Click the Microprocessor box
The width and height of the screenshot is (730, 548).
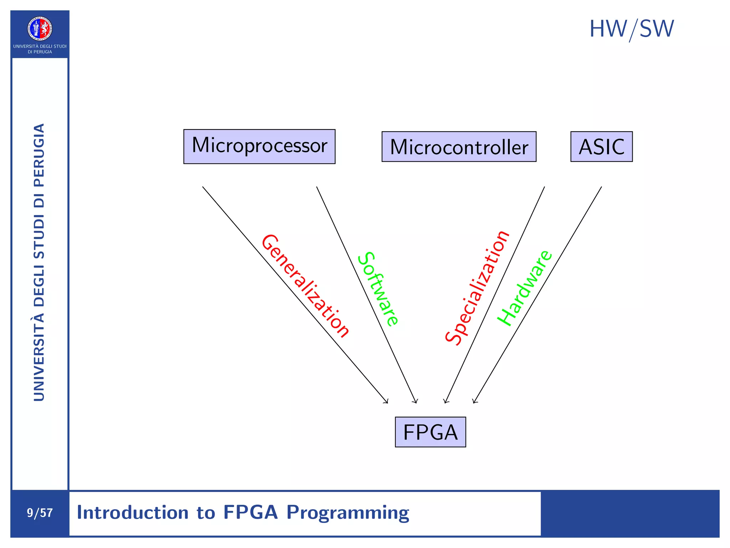pos(259,146)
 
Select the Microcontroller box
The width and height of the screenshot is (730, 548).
pos(459,147)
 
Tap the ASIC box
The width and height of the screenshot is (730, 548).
pos(601,147)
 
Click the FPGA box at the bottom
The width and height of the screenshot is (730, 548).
pos(430,432)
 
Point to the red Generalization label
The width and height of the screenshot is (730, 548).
pos(305,286)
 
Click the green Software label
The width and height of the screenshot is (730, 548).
pos(378,289)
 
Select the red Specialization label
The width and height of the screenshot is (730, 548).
pos(477,288)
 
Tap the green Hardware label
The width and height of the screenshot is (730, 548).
pos(525,288)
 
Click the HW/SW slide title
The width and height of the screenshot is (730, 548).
pos(631,29)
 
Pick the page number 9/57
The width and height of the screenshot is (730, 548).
pos(40,513)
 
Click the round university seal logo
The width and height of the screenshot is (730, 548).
pos(40,29)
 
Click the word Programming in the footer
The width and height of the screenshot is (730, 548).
pos(348,513)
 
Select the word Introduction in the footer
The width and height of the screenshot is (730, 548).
pos(133,512)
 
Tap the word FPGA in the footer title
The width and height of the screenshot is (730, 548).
pos(250,512)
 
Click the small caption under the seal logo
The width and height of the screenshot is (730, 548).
pos(40,49)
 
